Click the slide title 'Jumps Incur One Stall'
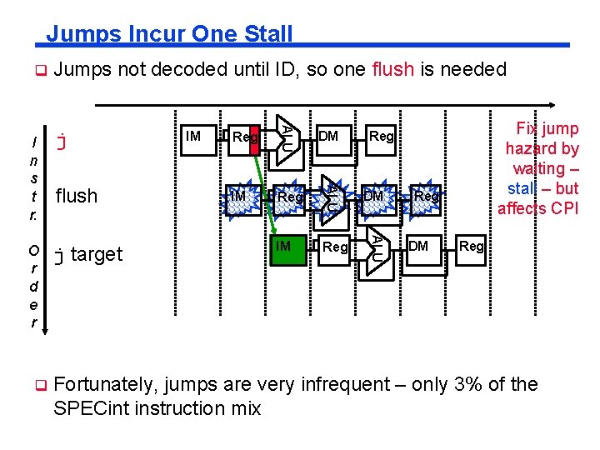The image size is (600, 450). (x=169, y=34)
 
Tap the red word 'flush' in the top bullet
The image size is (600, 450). (x=392, y=70)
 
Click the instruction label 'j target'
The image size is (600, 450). (x=87, y=254)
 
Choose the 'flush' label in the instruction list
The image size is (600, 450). (x=77, y=197)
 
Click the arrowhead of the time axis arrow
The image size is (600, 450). (x=575, y=105)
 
